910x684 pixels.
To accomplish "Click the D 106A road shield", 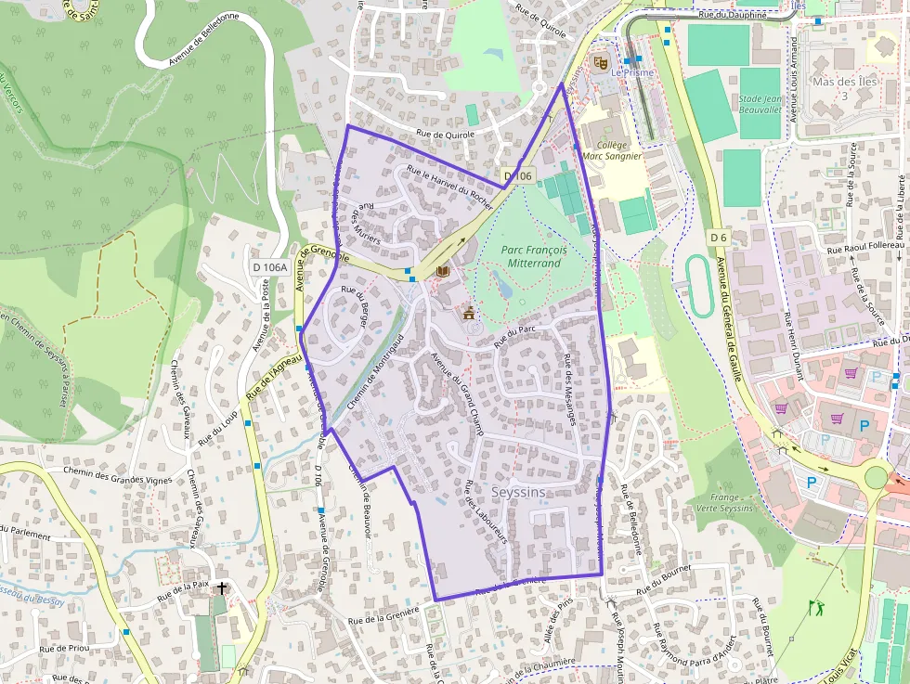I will [x=269, y=267].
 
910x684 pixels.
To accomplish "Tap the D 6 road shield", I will [x=717, y=238].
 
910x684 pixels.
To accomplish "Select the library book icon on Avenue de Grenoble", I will [x=442, y=271].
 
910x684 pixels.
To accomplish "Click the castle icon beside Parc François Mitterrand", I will [x=469, y=314].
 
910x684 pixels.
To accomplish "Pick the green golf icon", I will [x=816, y=608].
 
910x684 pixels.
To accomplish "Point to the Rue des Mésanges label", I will [x=571, y=390].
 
